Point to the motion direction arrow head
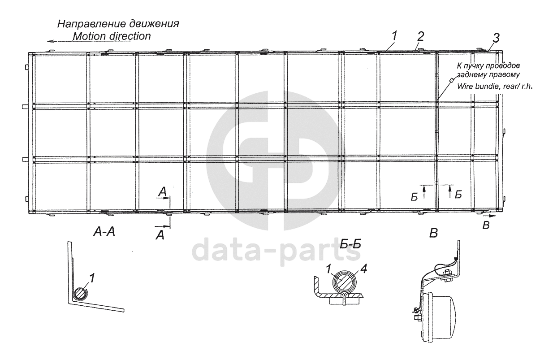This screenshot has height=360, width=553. click(x=51, y=41)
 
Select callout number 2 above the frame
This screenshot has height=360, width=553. click(x=419, y=35)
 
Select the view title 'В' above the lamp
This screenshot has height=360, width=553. click(x=433, y=233)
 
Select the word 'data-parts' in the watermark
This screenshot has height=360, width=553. click(x=277, y=252)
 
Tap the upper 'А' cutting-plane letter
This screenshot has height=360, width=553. click(x=163, y=192)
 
